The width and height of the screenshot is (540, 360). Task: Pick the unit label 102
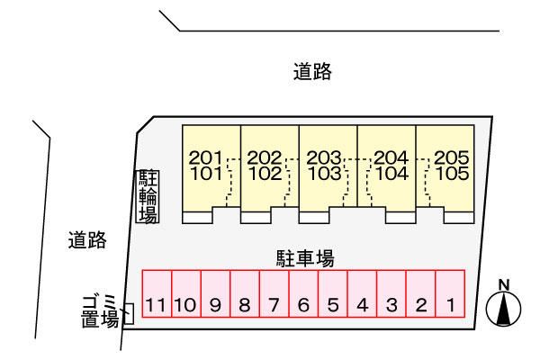coord(264,174)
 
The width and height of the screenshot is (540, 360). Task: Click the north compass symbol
coord(505,306)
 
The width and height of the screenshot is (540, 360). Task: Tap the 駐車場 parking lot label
coord(304,258)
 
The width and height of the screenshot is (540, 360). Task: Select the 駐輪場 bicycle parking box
coord(147,196)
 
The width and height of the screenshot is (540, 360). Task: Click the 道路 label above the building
coord(312,72)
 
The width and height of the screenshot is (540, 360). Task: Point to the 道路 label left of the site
coord(87,240)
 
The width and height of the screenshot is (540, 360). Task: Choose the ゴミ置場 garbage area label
coord(99,310)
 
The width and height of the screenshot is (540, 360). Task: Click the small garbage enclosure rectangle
coord(128,313)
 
